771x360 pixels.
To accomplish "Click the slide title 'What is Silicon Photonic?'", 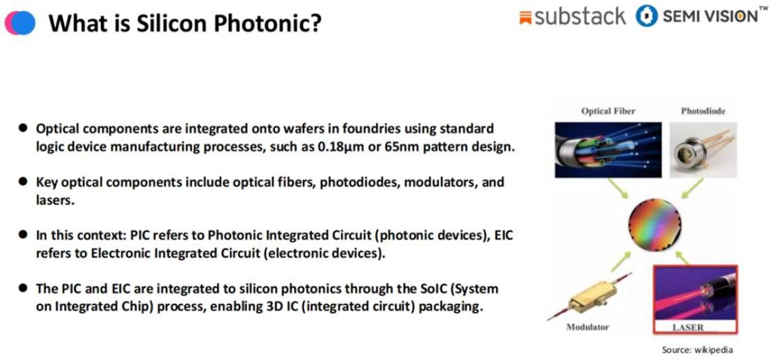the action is [x=185, y=23].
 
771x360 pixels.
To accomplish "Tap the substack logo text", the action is [x=581, y=17].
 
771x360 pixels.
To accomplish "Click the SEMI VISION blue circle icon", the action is [x=646, y=17].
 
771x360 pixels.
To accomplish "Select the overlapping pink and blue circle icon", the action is [x=20, y=23].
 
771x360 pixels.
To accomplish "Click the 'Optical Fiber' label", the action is [x=608, y=111].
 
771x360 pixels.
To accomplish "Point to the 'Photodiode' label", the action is [x=702, y=111].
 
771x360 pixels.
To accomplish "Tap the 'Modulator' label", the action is [x=587, y=327].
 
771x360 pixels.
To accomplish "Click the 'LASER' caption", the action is [x=687, y=327].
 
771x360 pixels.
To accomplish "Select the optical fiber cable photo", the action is [x=608, y=150].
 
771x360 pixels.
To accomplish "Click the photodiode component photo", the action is [x=703, y=150].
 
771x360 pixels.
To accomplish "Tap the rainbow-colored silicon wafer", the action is [x=654, y=225].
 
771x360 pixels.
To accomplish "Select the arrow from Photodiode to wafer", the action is [x=692, y=189].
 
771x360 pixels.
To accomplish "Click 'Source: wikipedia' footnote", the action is [x=696, y=350].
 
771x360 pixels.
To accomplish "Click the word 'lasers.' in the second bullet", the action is [x=55, y=200].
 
